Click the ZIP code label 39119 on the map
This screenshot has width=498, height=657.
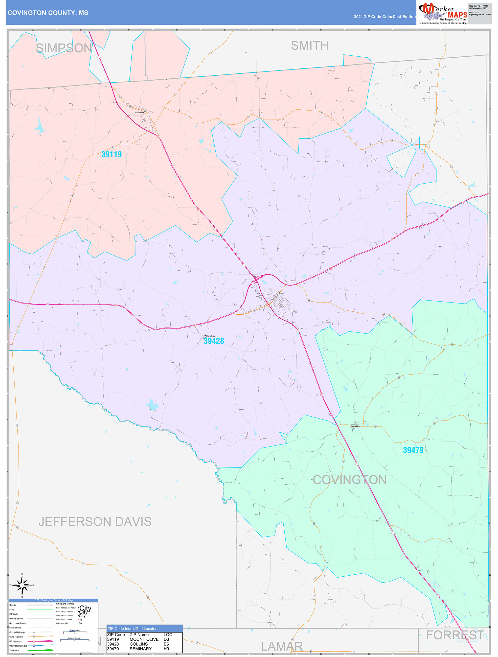tap(111, 154)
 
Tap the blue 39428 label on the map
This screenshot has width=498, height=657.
tap(214, 341)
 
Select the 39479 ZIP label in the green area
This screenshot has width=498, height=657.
tap(413, 450)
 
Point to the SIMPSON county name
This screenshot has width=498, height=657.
tap(64, 48)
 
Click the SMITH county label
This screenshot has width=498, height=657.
tap(309, 45)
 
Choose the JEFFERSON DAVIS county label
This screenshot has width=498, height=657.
tap(95, 522)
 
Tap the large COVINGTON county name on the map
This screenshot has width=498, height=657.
tap(349, 480)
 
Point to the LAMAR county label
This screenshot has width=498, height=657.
tap(281, 646)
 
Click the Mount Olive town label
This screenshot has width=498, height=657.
tap(139, 112)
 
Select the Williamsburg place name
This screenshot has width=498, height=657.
tap(210, 336)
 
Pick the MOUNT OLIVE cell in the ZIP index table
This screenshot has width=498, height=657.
tap(144, 639)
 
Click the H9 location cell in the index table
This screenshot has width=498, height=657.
tap(166, 649)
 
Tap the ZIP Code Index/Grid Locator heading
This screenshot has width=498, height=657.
tap(132, 628)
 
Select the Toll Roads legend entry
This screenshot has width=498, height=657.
tap(14, 650)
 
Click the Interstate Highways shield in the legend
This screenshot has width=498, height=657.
tap(34, 645)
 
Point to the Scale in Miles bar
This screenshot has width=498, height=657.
tap(75, 632)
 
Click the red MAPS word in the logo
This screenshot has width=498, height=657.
tap(457, 15)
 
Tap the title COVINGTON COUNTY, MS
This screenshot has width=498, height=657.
tap(48, 13)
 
